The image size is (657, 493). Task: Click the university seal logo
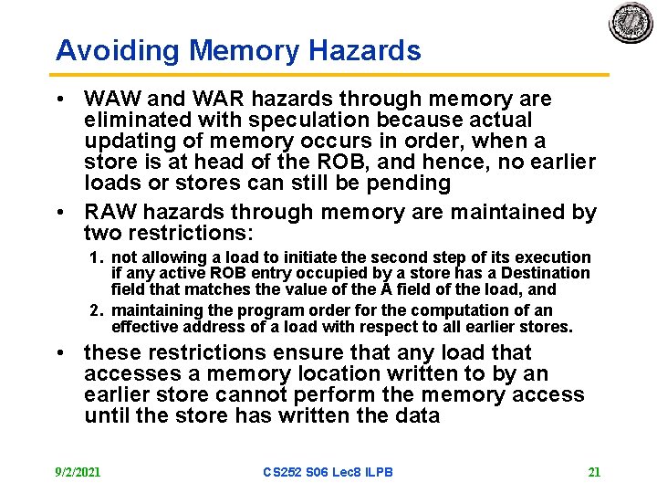[631, 23]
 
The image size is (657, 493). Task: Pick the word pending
[415, 183]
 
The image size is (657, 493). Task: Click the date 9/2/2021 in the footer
[78, 472]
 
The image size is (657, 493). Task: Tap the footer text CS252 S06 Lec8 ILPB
[327, 472]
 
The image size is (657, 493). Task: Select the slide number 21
[594, 472]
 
